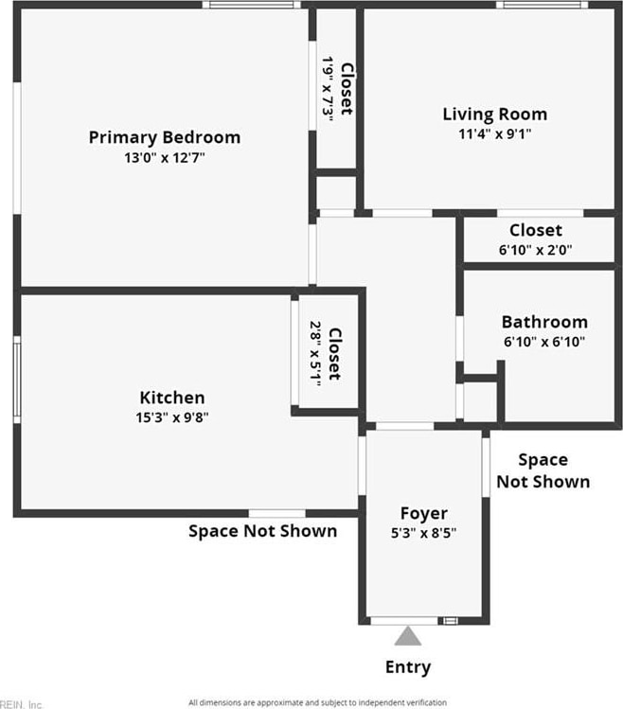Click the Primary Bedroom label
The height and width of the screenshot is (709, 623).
coord(164,137)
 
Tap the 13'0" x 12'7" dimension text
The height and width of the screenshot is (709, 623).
coord(164,158)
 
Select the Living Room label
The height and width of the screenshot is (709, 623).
coord(494,115)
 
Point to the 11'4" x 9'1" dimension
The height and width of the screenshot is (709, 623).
coord(494,134)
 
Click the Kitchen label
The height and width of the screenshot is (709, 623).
coord(172,398)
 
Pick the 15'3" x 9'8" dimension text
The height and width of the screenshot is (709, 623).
coord(172,417)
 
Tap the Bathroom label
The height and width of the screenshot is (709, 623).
coord(544,322)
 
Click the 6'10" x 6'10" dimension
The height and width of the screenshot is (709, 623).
coord(544,342)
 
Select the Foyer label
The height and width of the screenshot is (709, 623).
coord(423,513)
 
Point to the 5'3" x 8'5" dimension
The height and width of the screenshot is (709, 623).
coord(423,533)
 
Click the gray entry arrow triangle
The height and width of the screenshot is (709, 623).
coord(407,635)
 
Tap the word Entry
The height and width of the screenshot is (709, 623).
coord(408,667)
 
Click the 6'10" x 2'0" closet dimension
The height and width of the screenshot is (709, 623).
coord(535,250)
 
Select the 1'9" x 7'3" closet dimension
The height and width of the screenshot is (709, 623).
coord(328,88)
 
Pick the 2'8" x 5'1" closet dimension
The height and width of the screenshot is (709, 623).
coord(315,352)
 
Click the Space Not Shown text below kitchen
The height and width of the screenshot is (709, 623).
coord(262,531)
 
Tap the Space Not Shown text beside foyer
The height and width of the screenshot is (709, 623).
coord(543,470)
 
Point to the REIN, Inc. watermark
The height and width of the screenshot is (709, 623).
coord(21,703)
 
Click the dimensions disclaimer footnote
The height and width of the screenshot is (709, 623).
coord(317,702)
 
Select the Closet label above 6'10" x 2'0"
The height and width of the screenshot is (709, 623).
coord(535,230)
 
